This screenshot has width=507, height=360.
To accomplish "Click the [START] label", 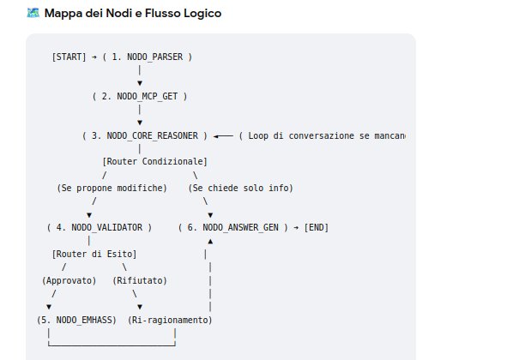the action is point(69,57).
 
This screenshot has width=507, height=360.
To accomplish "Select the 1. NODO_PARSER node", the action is point(148,57).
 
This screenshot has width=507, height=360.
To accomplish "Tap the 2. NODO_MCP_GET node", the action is point(140,96).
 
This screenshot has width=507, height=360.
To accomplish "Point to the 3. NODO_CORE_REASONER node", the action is point(145,135).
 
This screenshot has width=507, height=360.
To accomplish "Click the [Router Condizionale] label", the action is point(155,161).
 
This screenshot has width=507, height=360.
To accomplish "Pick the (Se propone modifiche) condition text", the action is point(112,188).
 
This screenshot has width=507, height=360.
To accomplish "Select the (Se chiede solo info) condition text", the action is point(240,188).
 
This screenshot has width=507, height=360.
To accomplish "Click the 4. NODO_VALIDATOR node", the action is point(100,227).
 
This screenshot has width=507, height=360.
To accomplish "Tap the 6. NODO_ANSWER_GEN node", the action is point(233,227).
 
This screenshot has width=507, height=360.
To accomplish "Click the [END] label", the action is point(317,227).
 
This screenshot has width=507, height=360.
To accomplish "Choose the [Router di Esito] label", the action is point(94,254).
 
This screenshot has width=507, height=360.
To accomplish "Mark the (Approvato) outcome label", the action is point(69,280).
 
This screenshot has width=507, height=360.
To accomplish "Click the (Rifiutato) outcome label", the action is point(140,280).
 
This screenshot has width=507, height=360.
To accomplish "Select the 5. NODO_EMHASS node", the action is point(76,320).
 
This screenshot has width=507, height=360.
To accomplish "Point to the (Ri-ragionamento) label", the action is point(170,320).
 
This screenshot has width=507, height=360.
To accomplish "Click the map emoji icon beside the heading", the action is point(33,13).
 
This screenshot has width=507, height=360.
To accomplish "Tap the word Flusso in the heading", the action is point(163,13).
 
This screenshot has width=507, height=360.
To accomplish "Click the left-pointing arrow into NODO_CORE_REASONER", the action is point(223,136).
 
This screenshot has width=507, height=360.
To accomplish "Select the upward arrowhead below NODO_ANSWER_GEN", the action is point(210,241).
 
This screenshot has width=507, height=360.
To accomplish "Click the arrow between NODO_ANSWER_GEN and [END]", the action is point(296,228).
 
